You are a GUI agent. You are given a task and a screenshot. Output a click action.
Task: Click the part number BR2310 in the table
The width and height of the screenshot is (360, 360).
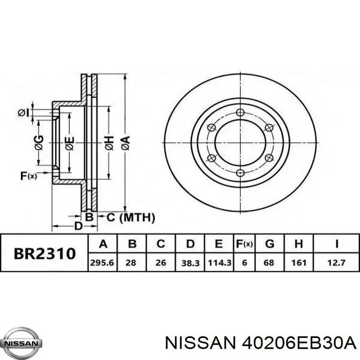point(44,253)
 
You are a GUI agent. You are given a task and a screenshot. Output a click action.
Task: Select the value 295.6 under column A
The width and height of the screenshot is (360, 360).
point(103,262)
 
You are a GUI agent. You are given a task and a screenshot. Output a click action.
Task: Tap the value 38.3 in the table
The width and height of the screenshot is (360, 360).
point(190,262)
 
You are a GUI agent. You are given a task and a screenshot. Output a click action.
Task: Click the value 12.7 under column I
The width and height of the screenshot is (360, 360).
point(336,262)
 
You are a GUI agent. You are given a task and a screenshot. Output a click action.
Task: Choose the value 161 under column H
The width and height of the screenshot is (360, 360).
point(298,262)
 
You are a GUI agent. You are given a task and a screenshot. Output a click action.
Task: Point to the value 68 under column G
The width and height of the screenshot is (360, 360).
point(269,262)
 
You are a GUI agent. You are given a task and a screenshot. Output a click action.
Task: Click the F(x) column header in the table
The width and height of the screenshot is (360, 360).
point(244,244)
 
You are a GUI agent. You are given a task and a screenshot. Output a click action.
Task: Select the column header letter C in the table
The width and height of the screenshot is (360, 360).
point(161,244)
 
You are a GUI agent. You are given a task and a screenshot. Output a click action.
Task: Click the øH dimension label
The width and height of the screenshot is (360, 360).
point(110,143)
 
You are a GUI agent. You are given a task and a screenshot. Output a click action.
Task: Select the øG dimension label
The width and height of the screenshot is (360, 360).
point(40,143)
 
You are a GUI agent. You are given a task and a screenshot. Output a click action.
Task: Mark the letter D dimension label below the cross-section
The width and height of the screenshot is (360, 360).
point(78,226)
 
